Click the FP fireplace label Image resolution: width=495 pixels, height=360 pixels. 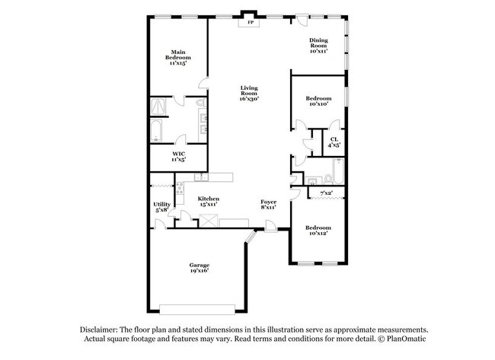251,22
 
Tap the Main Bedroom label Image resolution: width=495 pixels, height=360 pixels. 178,57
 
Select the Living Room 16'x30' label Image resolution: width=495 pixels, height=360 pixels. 249,93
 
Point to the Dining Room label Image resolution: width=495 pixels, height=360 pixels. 318,46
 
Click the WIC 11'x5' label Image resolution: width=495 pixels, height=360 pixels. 179,157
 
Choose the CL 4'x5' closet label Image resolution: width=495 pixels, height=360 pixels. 334,142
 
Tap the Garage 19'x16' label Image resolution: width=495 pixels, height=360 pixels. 200,268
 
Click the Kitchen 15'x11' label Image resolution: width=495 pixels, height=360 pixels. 209,201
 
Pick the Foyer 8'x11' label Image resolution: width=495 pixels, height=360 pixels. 268,205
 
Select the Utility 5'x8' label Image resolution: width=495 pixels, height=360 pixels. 161,207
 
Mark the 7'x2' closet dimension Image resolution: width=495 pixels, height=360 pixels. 326,193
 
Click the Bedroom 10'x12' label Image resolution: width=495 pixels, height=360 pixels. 318,231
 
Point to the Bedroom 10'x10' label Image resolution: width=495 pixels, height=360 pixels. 318,101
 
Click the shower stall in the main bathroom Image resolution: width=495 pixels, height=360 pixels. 158,107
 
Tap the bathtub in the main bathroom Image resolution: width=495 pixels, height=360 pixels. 156,130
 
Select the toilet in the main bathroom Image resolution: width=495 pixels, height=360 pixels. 201,102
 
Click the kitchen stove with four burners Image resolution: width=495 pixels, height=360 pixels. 180,188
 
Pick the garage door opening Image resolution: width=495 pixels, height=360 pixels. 197,310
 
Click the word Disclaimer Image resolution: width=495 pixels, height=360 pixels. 99,330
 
